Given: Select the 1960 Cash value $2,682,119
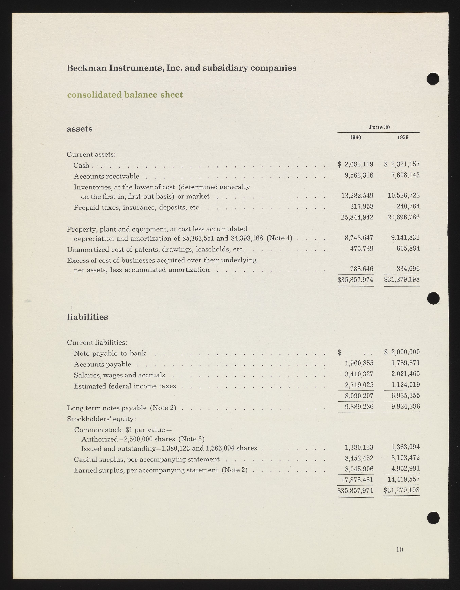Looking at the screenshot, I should (x=356, y=164).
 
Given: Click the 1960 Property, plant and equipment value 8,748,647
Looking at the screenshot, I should (x=359, y=238).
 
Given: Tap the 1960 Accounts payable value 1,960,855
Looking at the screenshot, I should (x=359, y=363).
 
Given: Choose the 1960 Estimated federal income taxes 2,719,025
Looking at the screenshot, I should (x=359, y=385).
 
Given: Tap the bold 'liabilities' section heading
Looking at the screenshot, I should (x=87, y=317).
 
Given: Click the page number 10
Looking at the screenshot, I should (x=400, y=549).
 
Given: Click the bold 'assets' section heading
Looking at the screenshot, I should (x=79, y=129).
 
